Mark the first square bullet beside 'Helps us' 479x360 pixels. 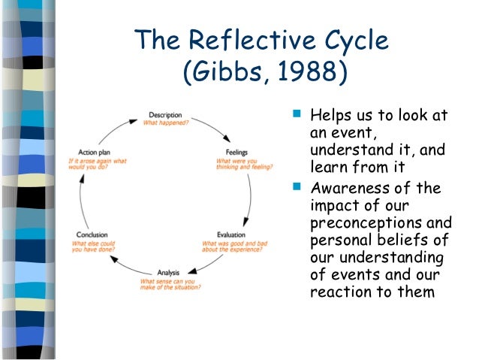[x=297, y=116]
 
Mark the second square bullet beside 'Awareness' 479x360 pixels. [x=297, y=187]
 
